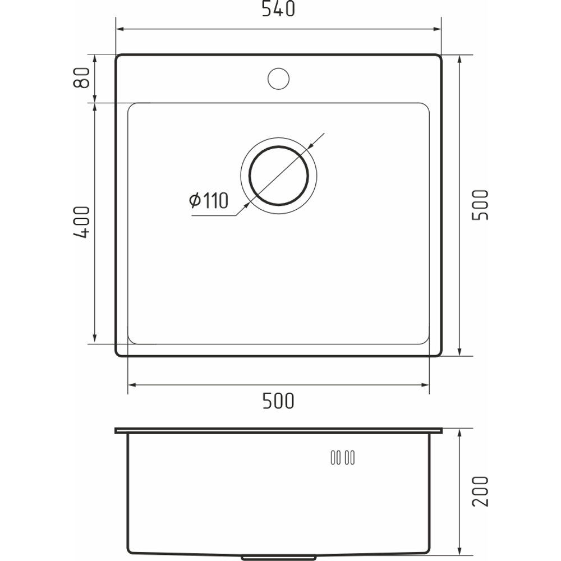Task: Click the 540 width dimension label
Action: tap(278, 8)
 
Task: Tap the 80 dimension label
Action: tap(81, 77)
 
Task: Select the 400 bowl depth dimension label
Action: tap(81, 222)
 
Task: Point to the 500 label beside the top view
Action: tap(480, 205)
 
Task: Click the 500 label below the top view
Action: tap(278, 401)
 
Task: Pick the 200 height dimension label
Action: tap(480, 491)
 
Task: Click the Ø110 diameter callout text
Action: tap(209, 201)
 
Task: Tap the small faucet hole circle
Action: tap(278, 79)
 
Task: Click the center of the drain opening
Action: tap(278, 175)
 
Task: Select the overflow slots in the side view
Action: tap(343, 458)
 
